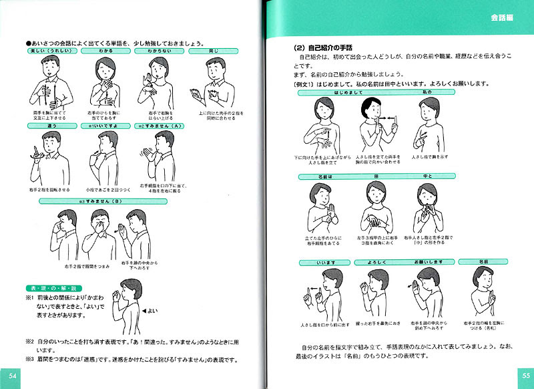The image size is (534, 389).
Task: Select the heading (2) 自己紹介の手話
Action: tap(322, 48)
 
